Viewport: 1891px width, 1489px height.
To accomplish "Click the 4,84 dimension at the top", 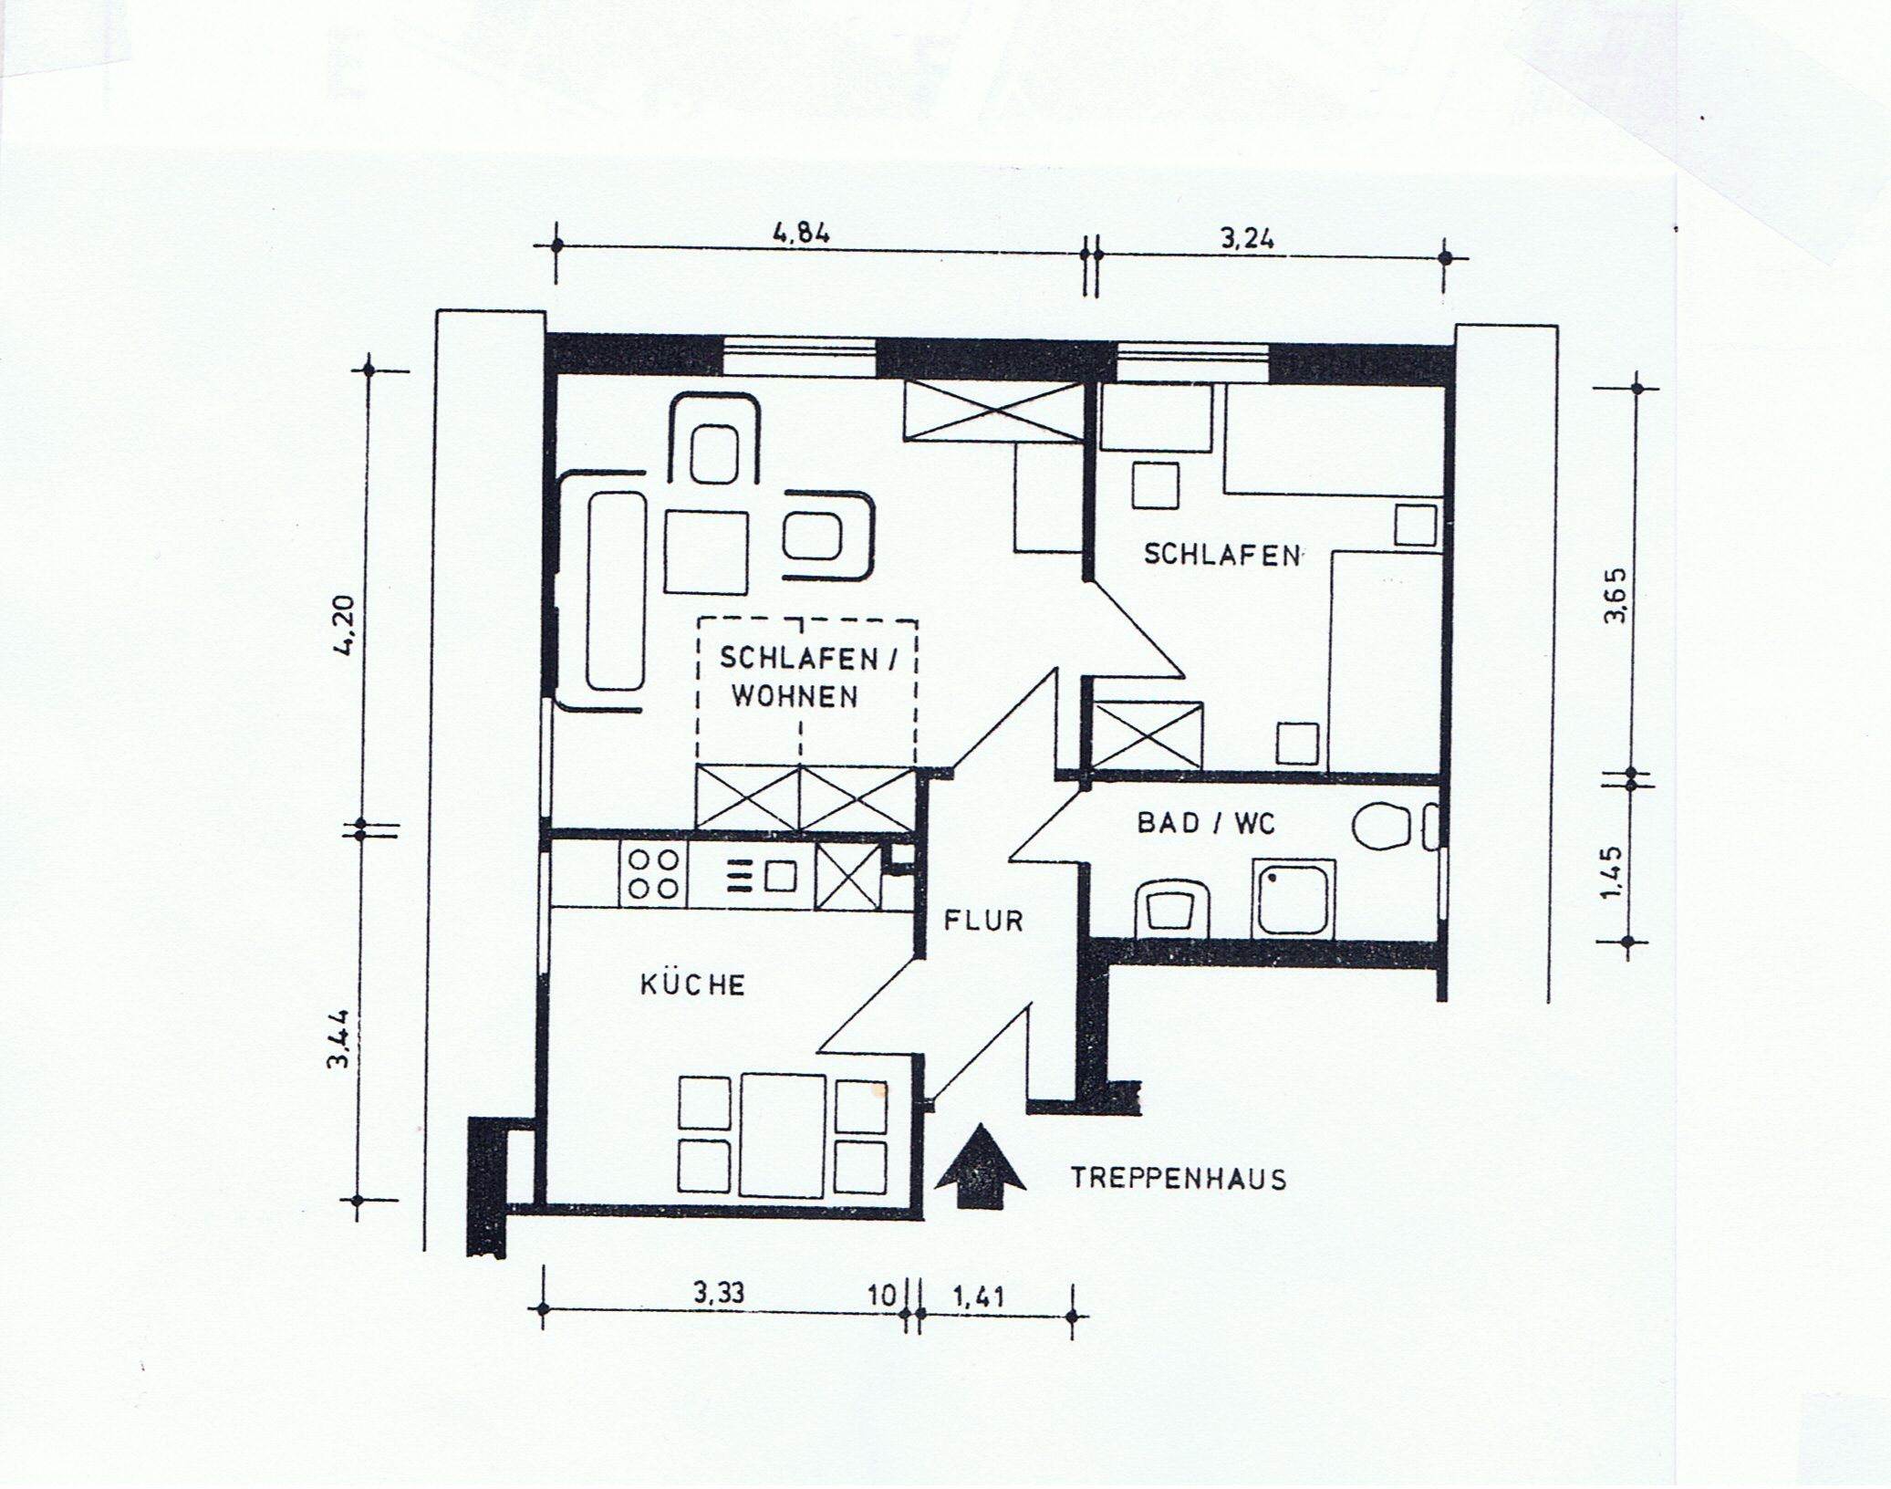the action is tap(802, 234).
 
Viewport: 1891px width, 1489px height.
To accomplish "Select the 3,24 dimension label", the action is tap(1247, 240).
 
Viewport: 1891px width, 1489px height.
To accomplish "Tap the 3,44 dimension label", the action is tap(339, 1038).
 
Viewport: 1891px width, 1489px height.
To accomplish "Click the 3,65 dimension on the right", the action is tap(1614, 596).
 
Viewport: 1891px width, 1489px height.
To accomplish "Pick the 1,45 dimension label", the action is tap(1612, 874).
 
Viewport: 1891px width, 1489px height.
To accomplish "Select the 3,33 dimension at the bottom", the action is tap(719, 1293).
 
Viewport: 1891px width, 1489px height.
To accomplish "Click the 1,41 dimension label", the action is tap(978, 1296).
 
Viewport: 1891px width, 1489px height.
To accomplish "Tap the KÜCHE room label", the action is tap(693, 985).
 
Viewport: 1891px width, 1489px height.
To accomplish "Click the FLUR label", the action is tap(983, 921).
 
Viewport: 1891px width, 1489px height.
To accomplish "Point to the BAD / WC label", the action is tap(1205, 824).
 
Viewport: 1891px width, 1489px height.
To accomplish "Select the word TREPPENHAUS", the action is tap(1179, 1179).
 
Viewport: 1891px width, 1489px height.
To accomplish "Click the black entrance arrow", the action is tap(981, 1167).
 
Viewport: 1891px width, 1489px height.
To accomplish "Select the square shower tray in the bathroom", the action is tap(1294, 898).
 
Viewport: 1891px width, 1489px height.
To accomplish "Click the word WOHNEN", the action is tap(795, 698).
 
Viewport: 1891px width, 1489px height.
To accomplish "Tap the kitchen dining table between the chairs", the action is tap(784, 1135).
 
